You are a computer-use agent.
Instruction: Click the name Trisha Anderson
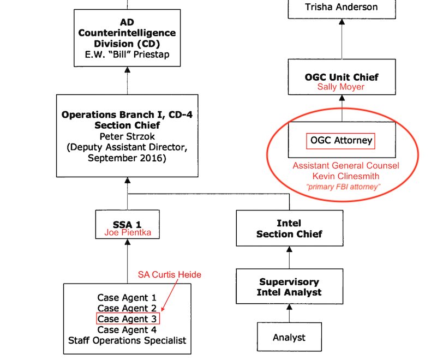341,7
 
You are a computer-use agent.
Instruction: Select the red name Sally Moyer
341,87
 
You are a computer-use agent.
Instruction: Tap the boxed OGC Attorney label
342,141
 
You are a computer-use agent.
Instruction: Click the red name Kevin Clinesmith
345,176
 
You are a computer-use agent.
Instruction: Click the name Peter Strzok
127,136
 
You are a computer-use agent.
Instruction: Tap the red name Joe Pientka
127,233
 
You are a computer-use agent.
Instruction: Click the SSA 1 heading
127,224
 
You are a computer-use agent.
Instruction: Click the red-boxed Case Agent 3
128,319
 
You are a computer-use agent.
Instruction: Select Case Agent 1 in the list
127,298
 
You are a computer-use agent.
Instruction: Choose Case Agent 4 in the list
127,329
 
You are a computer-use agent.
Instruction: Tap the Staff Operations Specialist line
127,340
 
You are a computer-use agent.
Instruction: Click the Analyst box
289,338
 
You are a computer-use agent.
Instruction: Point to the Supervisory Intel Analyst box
289,287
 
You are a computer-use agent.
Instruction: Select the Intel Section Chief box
289,229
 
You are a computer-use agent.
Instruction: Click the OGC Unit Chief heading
342,77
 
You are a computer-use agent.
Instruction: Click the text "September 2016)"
127,158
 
